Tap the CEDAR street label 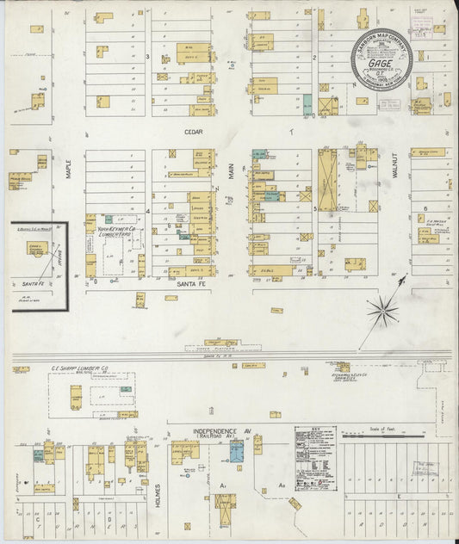click(192, 133)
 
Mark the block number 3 click(147, 57)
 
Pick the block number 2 click(315, 58)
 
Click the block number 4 click(147, 210)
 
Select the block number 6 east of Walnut click(425, 209)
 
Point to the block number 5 click(315, 208)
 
